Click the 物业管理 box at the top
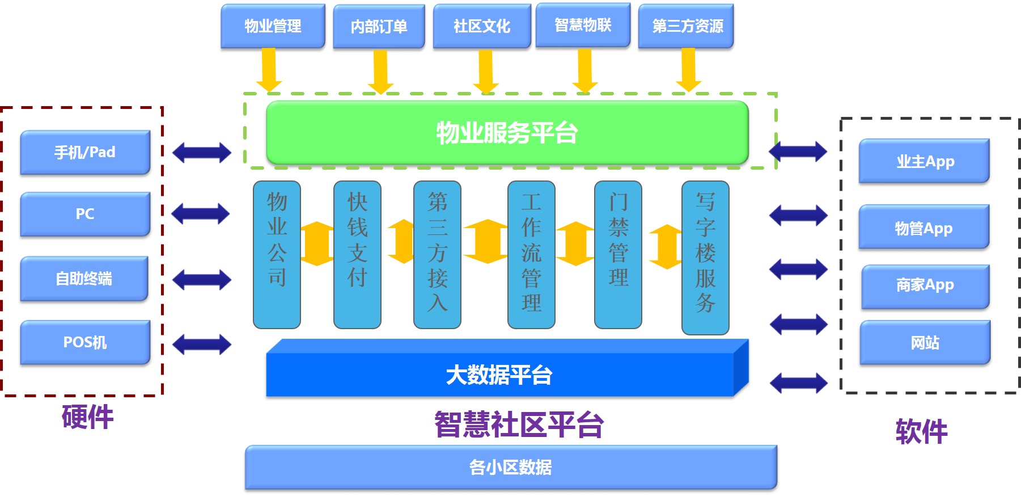pyautogui.click(x=273, y=26)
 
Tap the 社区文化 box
pyautogui.click(x=482, y=26)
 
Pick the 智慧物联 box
pyautogui.click(x=583, y=25)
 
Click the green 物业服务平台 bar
pyautogui.click(x=507, y=133)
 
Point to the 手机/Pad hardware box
pyautogui.click(x=85, y=152)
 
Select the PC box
pyautogui.click(x=85, y=214)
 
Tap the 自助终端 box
pyautogui.click(x=84, y=278)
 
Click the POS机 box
pyautogui.click(x=85, y=342)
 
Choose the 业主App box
pyautogui.click(x=924, y=161)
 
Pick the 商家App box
pyautogui.click(x=925, y=285)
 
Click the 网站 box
pyautogui.click(x=925, y=342)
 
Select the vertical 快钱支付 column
pyautogui.click(x=357, y=254)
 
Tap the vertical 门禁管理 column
pyautogui.click(x=618, y=254)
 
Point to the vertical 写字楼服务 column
pyautogui.click(x=705, y=257)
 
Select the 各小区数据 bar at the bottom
pyautogui.click(x=510, y=467)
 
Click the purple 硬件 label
pyautogui.click(x=87, y=417)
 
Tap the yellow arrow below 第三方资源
pyautogui.click(x=688, y=69)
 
